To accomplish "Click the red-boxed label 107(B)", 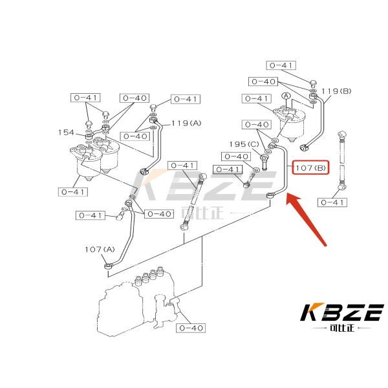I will tap(311, 168).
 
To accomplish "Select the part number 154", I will tap(66, 132).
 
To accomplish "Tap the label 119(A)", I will tap(186, 123).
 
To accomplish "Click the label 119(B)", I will tap(338, 91).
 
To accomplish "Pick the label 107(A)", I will tap(99, 249).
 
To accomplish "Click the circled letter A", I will tap(284, 96).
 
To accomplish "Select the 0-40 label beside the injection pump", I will tap(191, 328).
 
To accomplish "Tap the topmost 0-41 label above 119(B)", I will tap(281, 65).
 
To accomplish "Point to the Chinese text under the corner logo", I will tap(341, 329).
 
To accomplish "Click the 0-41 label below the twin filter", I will tap(72, 191).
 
